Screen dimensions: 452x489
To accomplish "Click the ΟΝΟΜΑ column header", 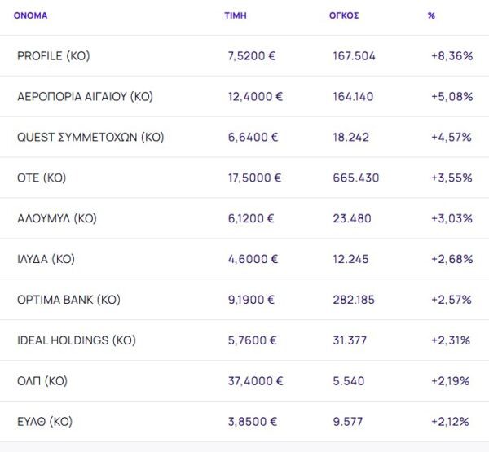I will (x=30, y=15).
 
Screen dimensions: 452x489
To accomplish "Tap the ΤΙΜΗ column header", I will (x=236, y=15).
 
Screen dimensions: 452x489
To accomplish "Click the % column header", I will (x=431, y=15).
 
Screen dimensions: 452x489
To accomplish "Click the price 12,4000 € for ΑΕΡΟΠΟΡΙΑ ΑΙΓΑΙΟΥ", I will (x=256, y=97).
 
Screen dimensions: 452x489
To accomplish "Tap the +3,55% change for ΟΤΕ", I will (x=452, y=178).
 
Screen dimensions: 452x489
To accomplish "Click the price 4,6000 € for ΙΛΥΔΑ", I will (x=253, y=259).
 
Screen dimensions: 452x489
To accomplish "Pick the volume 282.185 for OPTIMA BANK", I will (x=354, y=300).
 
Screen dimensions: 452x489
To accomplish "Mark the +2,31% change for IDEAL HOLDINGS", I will (x=452, y=340).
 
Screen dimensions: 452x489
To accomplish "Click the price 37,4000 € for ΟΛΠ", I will (x=256, y=381).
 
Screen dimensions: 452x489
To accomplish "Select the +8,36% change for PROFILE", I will (x=452, y=56).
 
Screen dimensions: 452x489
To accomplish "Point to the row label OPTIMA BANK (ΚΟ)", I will (x=68, y=300).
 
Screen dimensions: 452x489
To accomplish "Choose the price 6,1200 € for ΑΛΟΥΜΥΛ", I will (x=252, y=218).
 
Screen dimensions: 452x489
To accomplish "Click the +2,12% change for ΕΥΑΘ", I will (x=452, y=422).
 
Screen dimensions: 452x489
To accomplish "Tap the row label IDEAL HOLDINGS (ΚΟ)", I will (x=77, y=340).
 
